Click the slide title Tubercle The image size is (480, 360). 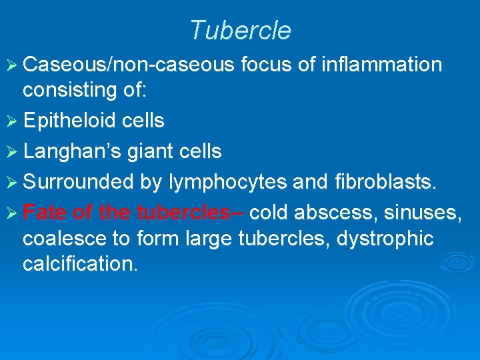tap(240, 31)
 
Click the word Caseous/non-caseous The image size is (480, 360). tap(129, 65)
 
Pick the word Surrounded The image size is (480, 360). tap(79, 182)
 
